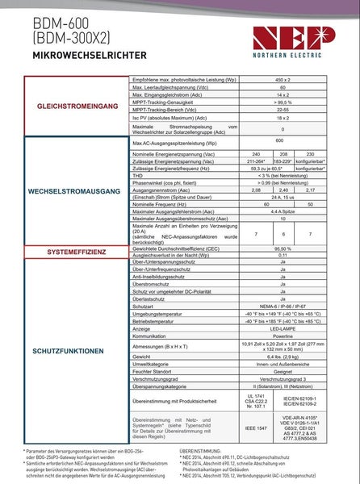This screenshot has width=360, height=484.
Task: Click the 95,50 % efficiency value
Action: [283, 249]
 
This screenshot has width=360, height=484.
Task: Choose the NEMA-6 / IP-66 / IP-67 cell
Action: [283, 307]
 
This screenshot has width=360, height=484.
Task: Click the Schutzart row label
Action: [143, 307]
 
